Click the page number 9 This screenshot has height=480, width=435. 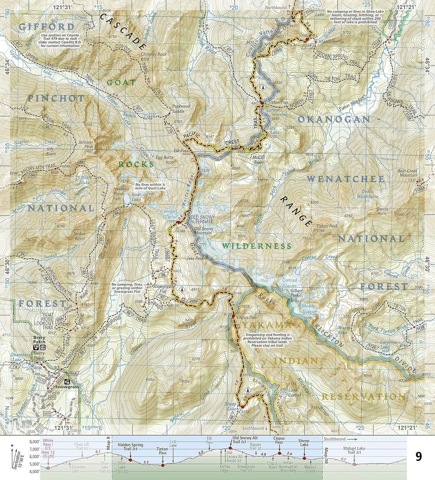pyautogui.click(x=418, y=456)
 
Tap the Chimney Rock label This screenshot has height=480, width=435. pyautogui.click(x=153, y=54)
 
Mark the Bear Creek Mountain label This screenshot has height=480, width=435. pyautogui.click(x=407, y=173)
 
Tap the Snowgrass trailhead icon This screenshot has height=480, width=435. pyautogui.click(x=67, y=382)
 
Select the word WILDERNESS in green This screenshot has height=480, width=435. pyautogui.click(x=257, y=246)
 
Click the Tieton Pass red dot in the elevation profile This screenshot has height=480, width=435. pyautogui.click(x=163, y=465)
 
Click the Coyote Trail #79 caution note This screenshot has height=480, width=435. pyautogui.click(x=60, y=40)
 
